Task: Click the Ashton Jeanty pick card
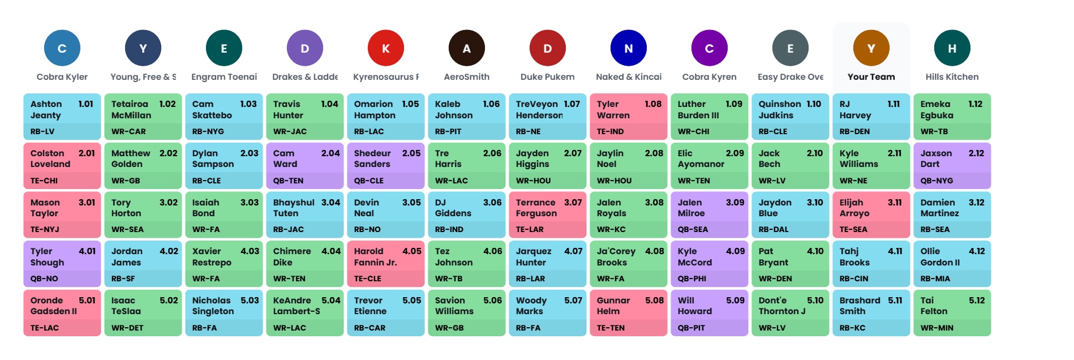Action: point(62,117)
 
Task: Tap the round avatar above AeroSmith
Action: point(467,48)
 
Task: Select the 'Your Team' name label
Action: point(871,77)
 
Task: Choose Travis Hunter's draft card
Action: point(304,117)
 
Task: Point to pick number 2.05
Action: point(411,153)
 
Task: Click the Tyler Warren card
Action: point(628,117)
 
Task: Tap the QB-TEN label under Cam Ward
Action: point(289,181)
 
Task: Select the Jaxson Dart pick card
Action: point(952,166)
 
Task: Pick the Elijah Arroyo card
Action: point(871,215)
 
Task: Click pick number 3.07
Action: point(573,203)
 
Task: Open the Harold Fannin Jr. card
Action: point(385,264)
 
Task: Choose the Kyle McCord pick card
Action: point(709,264)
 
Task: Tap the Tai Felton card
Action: point(952,313)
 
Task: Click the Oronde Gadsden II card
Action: point(62,313)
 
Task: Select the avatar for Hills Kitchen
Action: point(952,48)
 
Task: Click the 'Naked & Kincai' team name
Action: point(628,77)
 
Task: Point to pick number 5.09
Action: point(735,301)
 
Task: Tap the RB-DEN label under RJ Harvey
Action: point(854,131)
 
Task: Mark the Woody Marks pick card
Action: point(547,313)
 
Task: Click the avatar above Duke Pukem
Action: point(547,48)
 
